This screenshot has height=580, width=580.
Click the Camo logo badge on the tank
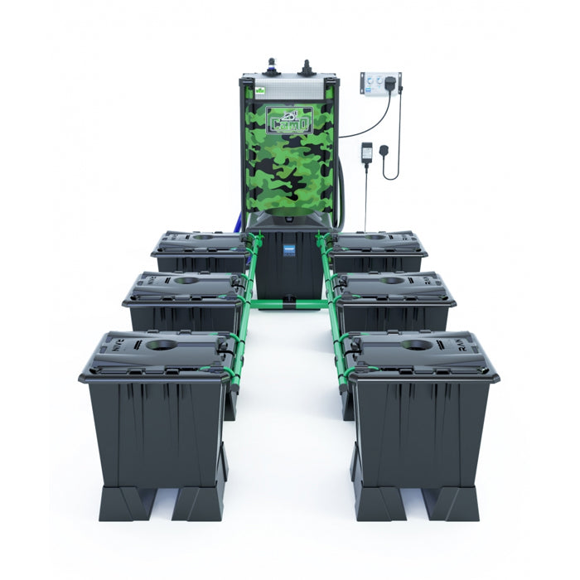click(289, 120)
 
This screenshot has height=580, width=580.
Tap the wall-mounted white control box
click(379, 85)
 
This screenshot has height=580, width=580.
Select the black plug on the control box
click(390, 83)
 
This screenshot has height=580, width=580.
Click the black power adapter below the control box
click(366, 153)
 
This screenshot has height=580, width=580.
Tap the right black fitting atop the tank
click(306, 65)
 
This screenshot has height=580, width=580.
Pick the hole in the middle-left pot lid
click(186, 281)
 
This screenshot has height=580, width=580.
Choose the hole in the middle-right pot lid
click(393, 281)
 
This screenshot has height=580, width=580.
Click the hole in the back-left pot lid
click(202, 238)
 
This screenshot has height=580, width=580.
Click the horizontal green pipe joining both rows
click(289, 304)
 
